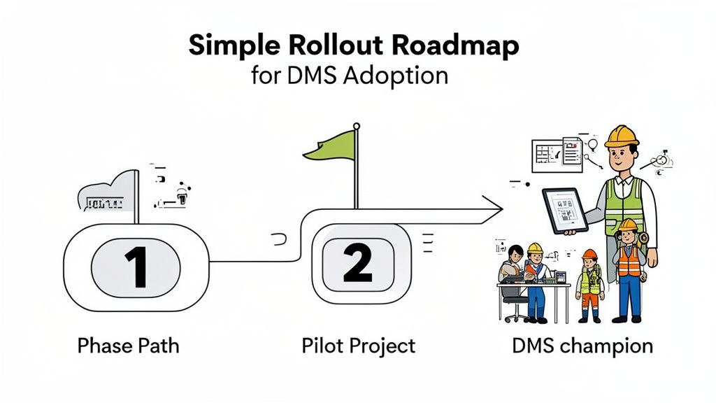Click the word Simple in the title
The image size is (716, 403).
(x=232, y=46)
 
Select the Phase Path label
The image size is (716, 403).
(x=128, y=346)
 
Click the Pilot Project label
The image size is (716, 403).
(x=358, y=346)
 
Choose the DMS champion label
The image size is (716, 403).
(x=582, y=346)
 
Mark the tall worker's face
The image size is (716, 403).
(x=623, y=157)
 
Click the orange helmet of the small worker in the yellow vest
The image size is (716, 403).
(x=589, y=255)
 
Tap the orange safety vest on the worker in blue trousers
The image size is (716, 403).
(x=629, y=262)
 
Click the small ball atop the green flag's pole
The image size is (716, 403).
(x=357, y=126)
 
